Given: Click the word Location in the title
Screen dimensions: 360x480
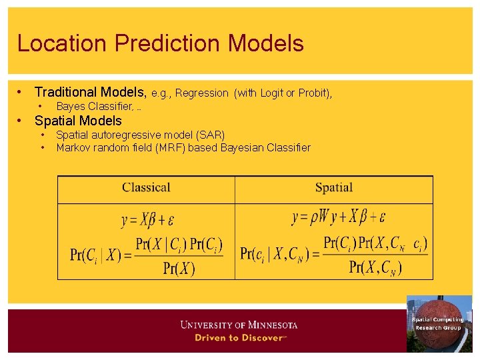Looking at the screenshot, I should [63, 43].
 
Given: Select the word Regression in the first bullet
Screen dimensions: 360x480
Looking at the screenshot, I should [201, 93].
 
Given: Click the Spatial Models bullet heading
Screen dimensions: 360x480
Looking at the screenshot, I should [78, 121].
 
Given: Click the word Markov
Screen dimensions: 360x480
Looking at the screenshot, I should [73, 147].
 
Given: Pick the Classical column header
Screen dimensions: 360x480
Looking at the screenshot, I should [146, 188].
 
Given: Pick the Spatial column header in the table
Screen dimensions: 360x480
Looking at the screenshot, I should [333, 188].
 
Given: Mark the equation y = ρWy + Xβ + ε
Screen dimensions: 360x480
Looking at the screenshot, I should [339, 217].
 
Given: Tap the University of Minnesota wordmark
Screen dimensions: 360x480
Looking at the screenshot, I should [239, 325].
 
